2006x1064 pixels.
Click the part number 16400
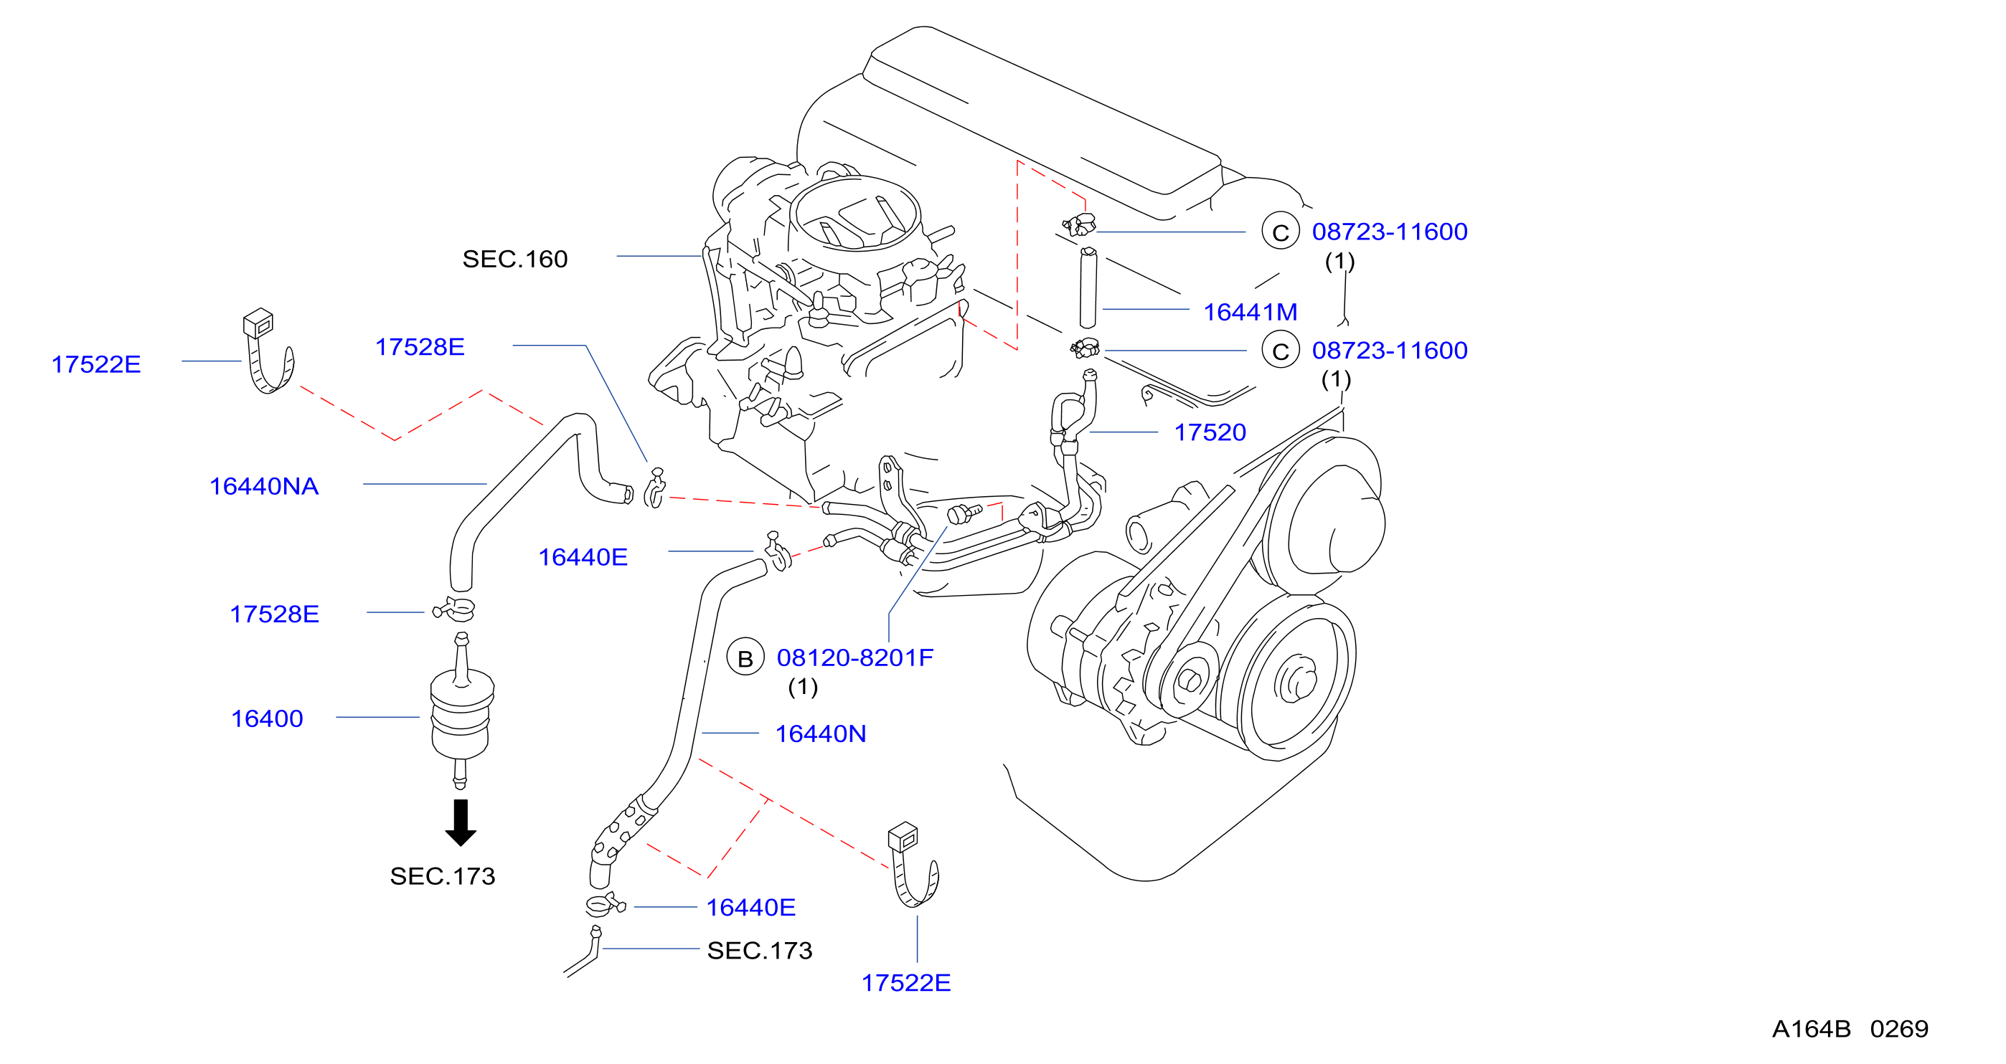pos(266,718)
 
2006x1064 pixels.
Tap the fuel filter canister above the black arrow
pos(461,710)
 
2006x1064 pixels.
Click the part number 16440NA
pos(264,485)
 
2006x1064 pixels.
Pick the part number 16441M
pos(1250,311)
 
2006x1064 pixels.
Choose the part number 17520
pos(1210,432)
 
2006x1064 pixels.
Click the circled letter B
pos(745,658)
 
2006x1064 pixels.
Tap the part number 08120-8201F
pos(855,657)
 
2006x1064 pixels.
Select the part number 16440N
pos(820,733)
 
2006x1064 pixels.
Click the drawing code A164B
pos(1811,1029)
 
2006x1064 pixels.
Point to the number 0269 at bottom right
pos(1899,1029)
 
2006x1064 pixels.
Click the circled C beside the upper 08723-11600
pos(1280,231)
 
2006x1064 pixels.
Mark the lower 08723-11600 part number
pos(1389,351)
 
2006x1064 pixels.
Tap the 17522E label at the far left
pos(96,364)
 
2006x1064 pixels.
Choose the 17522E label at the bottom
pos(905,982)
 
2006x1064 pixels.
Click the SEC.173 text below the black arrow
pos(443,875)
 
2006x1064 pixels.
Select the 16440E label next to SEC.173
pos(750,907)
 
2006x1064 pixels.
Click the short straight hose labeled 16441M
pos(1088,288)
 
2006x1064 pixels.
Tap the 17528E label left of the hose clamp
pos(274,614)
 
